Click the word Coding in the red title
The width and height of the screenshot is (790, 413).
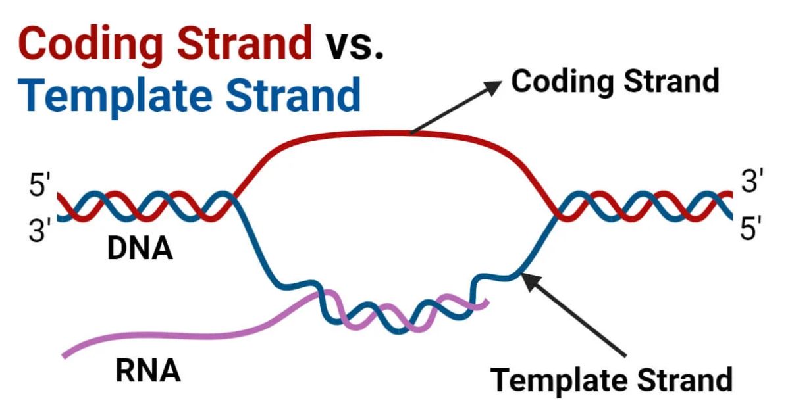coord(86,43)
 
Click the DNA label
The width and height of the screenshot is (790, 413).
coord(140,249)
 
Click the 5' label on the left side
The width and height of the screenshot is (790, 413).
coord(39,186)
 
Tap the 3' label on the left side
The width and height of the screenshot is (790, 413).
coord(39,231)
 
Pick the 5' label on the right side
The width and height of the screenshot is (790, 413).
coord(752,230)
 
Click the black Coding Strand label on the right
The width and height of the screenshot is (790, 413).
coord(615,82)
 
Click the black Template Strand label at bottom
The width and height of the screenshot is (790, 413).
coord(612,379)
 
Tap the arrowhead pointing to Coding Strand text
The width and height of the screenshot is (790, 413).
coord(492,85)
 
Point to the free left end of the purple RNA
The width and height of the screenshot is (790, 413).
coord(65,356)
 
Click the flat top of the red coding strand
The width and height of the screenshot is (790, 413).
coord(369,134)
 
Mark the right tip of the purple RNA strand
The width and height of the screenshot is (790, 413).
coord(487,302)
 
